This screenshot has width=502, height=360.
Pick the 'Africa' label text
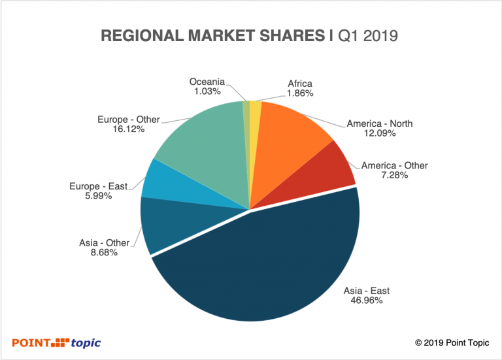click(300, 84)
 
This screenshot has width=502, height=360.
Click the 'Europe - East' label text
click(99, 186)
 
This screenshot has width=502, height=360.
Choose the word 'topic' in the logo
click(86, 342)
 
